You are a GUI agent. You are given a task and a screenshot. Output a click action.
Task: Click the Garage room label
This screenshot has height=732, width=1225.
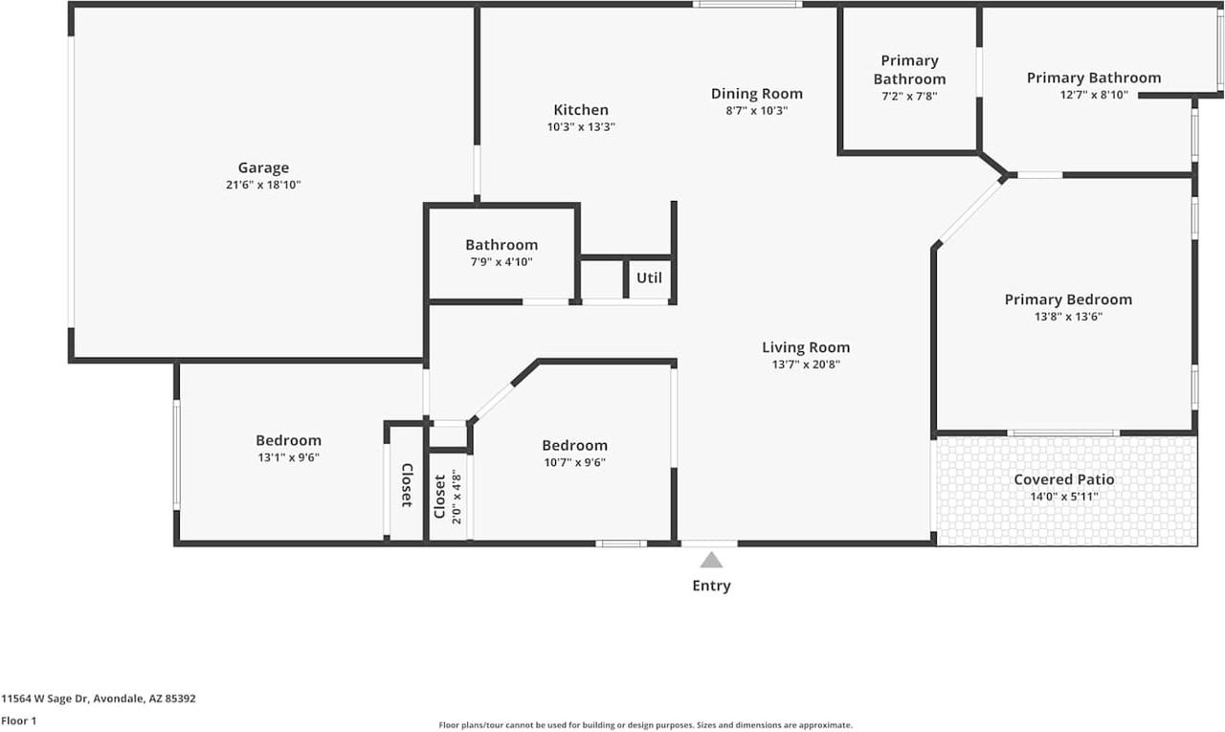click(x=263, y=168)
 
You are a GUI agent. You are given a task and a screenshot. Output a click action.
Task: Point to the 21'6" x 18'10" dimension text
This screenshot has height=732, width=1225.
click(x=256, y=186)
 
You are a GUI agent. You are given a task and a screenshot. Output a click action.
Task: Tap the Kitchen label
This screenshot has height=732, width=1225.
click(x=580, y=110)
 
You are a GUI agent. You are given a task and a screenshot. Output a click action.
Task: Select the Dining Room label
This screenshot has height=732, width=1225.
click(x=756, y=94)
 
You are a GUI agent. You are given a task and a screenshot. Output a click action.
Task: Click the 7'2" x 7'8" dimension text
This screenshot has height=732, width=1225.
click(x=908, y=96)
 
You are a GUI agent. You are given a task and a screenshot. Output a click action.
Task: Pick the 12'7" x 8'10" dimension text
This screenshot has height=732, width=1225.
click(x=1094, y=95)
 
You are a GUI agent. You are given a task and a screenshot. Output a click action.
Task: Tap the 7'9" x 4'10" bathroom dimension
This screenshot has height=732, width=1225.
click(x=501, y=261)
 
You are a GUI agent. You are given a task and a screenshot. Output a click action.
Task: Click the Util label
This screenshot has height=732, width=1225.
click(x=649, y=278)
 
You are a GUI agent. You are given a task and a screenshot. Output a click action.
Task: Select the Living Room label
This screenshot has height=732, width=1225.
click(x=805, y=347)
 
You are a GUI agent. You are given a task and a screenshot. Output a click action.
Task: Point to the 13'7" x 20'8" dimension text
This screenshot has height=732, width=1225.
click(x=805, y=365)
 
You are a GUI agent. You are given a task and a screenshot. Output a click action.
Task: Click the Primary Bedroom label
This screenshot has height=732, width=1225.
click(x=1067, y=299)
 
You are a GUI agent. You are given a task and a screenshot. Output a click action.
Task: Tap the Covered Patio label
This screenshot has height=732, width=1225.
click(x=1063, y=479)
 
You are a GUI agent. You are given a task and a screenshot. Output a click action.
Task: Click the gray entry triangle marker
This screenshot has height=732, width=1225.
click(x=711, y=560)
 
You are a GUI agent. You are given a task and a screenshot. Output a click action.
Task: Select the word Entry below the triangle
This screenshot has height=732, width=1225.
click(x=711, y=586)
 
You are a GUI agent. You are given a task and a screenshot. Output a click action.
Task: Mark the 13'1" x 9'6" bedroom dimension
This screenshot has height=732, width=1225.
click(x=287, y=457)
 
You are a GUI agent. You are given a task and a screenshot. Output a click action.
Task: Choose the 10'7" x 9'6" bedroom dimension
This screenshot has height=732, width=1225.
click(x=574, y=462)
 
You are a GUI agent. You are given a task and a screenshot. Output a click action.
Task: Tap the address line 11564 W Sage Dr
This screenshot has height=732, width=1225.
click(x=98, y=699)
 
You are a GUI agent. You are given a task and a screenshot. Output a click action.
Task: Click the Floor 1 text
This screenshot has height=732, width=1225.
click(x=18, y=721)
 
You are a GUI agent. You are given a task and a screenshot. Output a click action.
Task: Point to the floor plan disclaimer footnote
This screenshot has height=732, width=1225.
click(x=645, y=725)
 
